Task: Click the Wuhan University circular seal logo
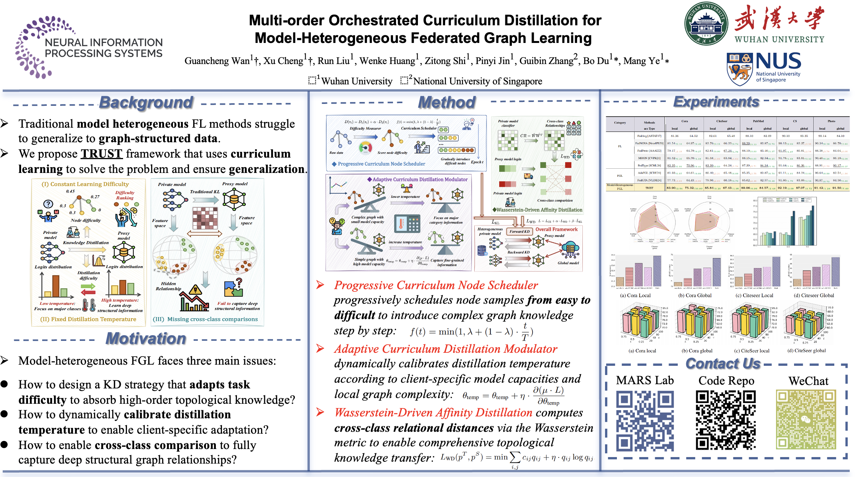point(706,24)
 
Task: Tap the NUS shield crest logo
point(739,69)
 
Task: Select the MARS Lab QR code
point(645,421)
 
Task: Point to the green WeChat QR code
point(806,419)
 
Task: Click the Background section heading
point(146,102)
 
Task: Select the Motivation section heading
point(146,339)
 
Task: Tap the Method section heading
point(447,102)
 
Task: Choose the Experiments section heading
point(716,102)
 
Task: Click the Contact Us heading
point(723,364)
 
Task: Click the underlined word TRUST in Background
point(101,154)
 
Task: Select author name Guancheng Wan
point(217,61)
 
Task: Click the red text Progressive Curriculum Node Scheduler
point(436,285)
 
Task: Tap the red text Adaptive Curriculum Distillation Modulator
point(446,349)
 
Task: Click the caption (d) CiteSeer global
point(806,350)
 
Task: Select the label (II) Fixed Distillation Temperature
point(88,319)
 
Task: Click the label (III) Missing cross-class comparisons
point(205,319)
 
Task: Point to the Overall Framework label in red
point(556,229)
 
